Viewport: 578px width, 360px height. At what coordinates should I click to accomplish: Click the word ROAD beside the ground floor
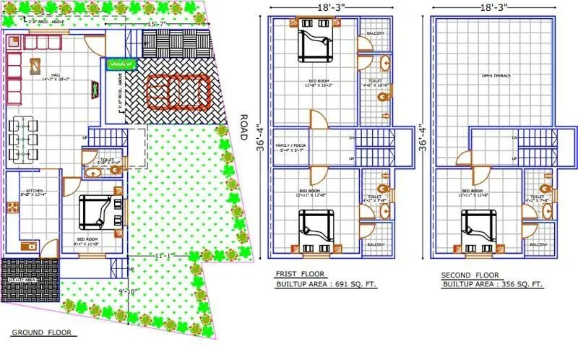(x=243, y=128)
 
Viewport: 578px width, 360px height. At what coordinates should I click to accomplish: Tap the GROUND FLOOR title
(x=43, y=333)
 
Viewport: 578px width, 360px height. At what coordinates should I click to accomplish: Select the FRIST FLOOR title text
(x=300, y=274)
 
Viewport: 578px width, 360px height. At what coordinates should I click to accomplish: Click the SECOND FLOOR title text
(x=470, y=275)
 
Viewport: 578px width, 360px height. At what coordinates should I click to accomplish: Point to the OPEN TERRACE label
(x=496, y=75)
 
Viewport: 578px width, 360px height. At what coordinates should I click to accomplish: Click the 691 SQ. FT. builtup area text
(x=353, y=285)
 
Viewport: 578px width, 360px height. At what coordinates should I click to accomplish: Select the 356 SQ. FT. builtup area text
(x=519, y=285)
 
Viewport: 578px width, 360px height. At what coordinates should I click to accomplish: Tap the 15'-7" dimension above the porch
(x=158, y=25)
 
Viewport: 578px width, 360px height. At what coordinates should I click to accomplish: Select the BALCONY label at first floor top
(x=375, y=34)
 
